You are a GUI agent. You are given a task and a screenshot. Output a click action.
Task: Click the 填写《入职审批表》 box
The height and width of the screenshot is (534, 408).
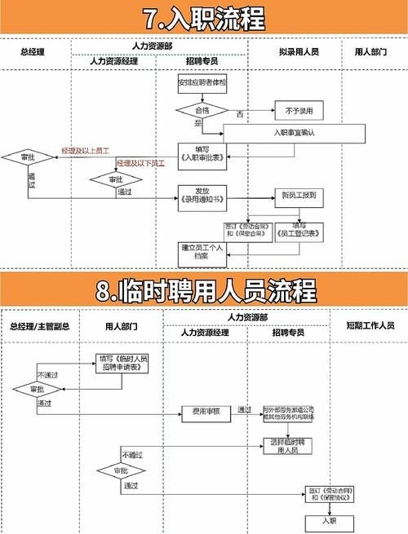pos(201,153)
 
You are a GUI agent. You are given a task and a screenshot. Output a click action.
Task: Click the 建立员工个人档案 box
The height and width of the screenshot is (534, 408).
pos(201,252)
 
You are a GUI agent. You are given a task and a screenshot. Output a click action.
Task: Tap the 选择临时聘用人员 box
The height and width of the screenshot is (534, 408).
pos(291,446)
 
